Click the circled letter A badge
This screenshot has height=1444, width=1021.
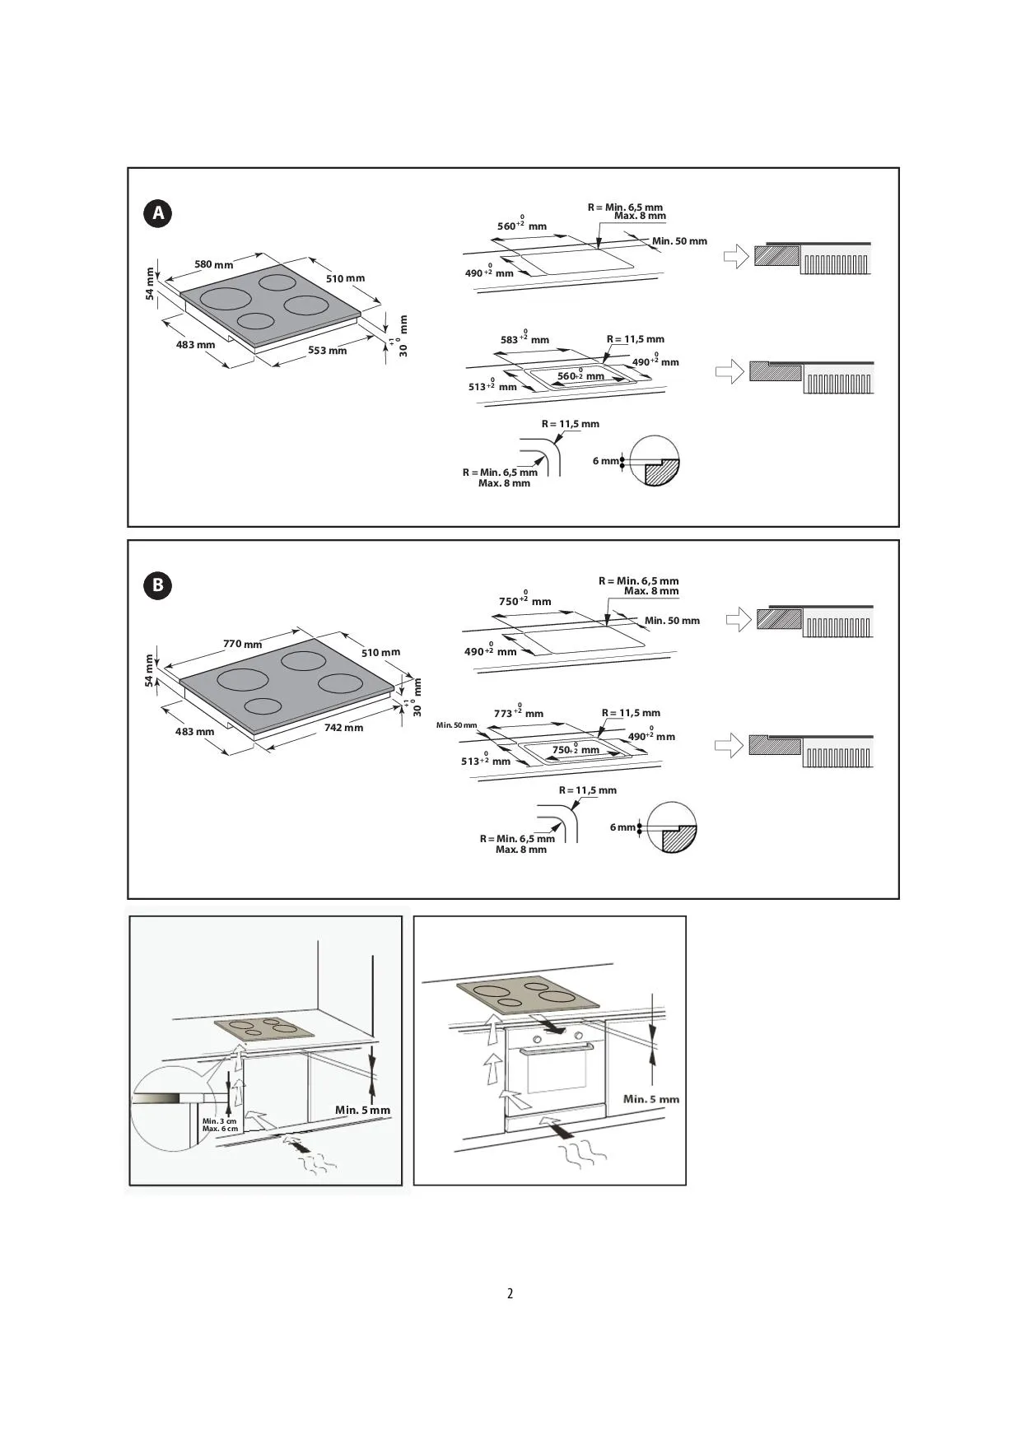point(158,214)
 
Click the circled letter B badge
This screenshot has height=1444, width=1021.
point(158,586)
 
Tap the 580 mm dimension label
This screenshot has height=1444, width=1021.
point(214,264)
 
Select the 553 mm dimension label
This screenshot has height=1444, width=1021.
point(328,351)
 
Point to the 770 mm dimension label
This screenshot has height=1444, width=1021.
point(243,644)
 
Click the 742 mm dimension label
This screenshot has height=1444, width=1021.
point(343,728)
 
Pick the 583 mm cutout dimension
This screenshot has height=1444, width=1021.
point(524,338)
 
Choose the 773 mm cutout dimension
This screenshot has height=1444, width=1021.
point(519,712)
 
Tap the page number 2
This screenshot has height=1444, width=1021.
point(510,1293)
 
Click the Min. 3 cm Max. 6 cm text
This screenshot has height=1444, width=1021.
point(220,1125)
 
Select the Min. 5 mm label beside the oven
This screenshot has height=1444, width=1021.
point(651,1099)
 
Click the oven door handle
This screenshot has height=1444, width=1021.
point(556,1048)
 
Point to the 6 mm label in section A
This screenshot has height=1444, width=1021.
point(605,461)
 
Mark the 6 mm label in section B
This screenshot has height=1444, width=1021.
point(622,827)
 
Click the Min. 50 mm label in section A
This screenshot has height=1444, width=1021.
point(679,241)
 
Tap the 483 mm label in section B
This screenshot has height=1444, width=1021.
point(194,732)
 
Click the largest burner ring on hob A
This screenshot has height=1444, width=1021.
point(224,299)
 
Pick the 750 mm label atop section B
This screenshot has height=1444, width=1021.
point(524,599)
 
